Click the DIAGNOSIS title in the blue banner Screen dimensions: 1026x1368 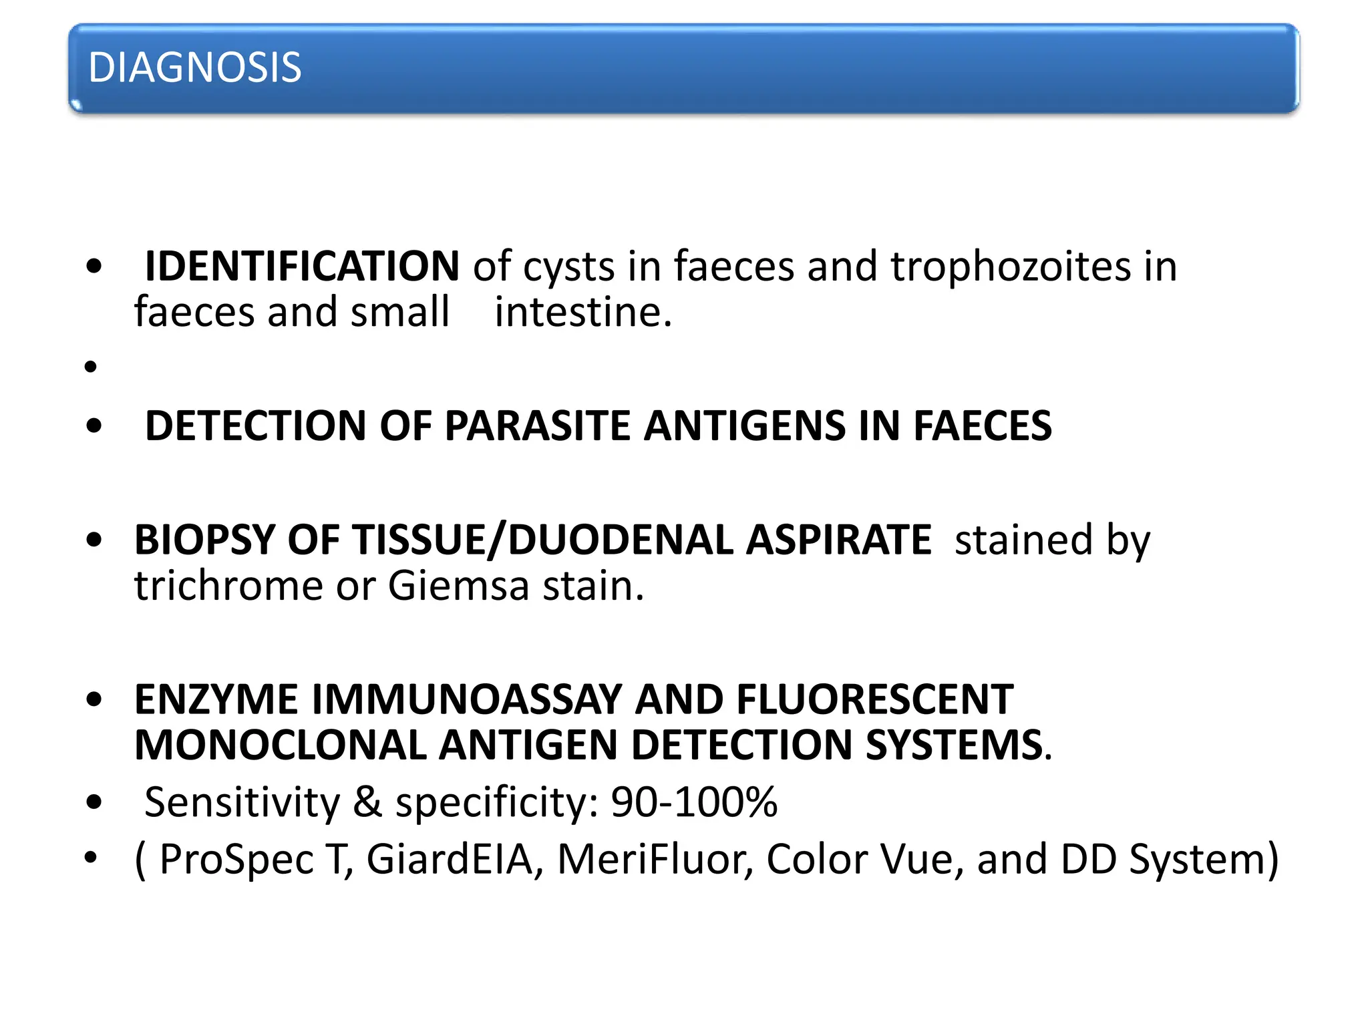[194, 67]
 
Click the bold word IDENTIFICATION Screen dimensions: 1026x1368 [302, 267]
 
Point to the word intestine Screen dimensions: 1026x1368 [582, 312]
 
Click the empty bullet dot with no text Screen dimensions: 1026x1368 [92, 367]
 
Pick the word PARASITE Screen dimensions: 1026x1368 [537, 426]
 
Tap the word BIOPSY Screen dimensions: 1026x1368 [204, 540]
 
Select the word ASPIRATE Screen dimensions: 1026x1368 [838, 540]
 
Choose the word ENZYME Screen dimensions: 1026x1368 [216, 699]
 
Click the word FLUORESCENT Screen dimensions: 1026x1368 [874, 699]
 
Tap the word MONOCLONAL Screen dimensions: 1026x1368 [281, 745]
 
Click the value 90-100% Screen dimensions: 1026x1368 [694, 802]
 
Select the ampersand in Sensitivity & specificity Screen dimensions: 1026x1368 [367, 802]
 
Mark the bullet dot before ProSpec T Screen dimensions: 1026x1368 [92, 858]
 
